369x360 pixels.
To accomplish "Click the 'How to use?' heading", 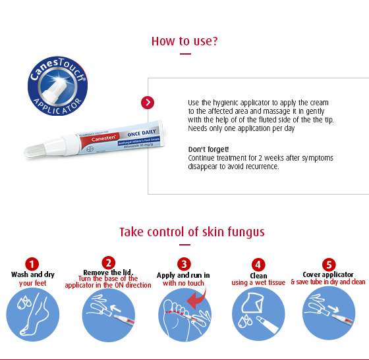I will (184, 41).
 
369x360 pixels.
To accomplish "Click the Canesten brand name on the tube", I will (93, 140).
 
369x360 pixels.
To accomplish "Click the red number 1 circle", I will (32, 264).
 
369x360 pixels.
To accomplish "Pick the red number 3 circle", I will (184, 264).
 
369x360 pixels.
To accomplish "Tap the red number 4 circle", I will (258, 264).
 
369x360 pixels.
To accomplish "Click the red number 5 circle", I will (328, 263).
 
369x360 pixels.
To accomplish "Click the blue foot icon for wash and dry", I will (32, 315).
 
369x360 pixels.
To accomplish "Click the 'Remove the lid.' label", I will (108, 272).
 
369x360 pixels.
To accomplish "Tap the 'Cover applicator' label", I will (328, 274).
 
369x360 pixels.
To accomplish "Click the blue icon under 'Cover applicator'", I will (328, 315).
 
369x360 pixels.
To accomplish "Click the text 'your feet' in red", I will (32, 283).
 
